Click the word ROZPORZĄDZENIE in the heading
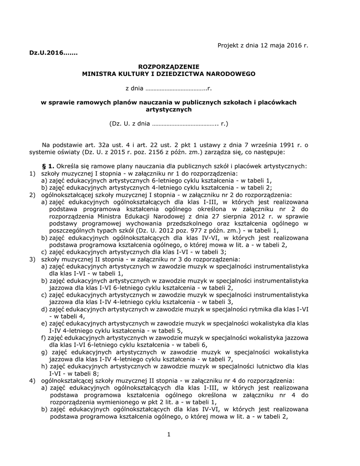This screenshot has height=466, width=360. pos(169,66)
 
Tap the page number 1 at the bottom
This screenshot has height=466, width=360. pos(168,435)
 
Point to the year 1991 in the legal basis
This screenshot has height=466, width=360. pos(288,145)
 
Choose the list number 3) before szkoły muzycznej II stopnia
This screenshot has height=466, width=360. pos(32,259)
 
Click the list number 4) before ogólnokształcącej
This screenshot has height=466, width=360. pos(32,380)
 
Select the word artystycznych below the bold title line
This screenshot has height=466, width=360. pos(169,110)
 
